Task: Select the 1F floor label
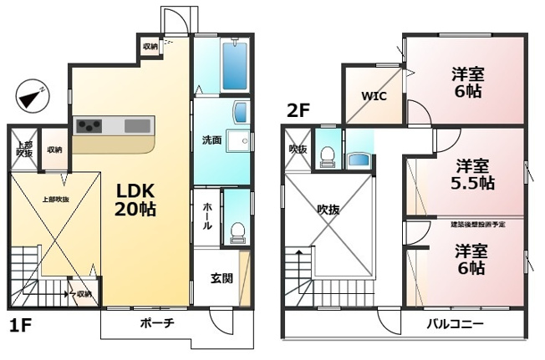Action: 21,325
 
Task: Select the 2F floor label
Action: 298,109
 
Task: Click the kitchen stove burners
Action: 89,126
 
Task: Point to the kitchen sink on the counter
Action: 136,126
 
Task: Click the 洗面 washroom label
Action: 211,140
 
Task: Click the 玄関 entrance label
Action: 222,278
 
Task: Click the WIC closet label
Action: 373,95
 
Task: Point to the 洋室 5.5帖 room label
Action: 472,174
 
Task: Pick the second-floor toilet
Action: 328,156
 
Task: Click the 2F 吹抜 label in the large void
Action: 328,210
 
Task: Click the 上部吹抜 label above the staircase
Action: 55,200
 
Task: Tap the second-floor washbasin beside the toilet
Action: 359,159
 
